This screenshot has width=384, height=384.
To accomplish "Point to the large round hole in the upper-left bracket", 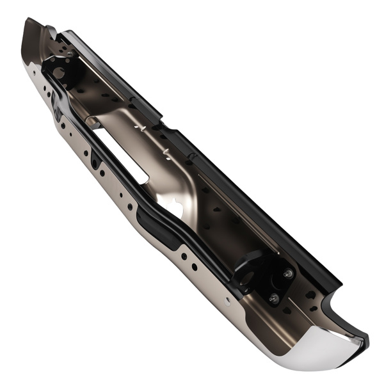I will tap(60, 72).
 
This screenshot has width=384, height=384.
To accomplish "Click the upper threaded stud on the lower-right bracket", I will tap(287, 273).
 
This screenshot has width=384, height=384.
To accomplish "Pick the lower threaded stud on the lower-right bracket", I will tap(273, 297).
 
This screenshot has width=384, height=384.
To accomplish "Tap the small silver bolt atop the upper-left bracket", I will tap(68, 54).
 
